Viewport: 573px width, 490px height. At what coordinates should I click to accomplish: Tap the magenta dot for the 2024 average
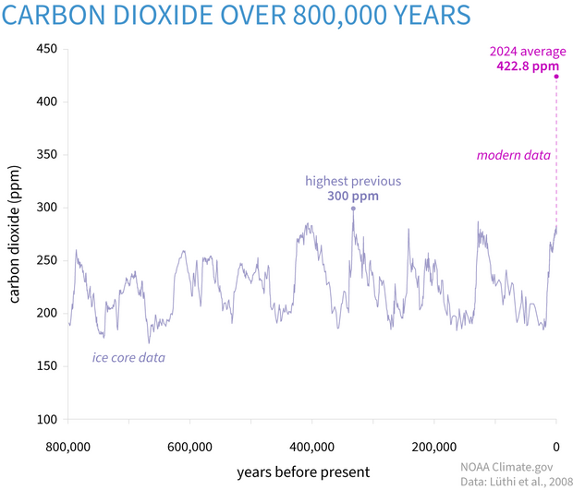coord(555,77)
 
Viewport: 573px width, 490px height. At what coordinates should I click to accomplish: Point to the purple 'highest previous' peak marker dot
coord(353,209)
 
